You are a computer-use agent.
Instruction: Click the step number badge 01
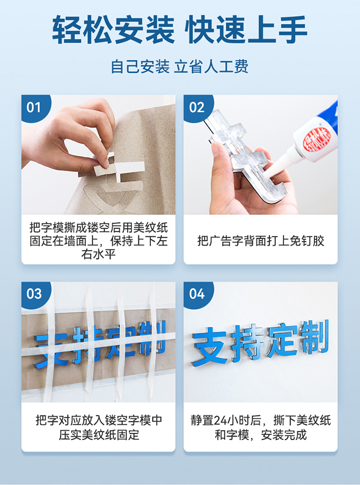(34, 107)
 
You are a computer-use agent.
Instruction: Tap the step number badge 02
(197, 107)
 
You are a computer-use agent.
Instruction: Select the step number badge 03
(34, 294)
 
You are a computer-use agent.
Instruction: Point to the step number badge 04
(197, 294)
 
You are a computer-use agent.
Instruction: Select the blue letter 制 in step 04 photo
(313, 337)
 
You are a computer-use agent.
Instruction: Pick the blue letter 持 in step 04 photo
(247, 343)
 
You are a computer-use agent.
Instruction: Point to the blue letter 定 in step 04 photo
(281, 340)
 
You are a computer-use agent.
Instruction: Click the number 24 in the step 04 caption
(220, 421)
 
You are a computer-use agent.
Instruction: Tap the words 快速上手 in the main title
(246, 30)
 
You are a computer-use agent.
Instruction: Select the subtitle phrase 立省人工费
(211, 67)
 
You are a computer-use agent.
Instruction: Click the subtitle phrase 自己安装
(140, 67)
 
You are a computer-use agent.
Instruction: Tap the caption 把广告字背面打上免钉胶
(260, 241)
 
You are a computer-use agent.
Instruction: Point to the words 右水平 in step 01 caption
(98, 254)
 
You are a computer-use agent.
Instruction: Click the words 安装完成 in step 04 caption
(283, 434)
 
